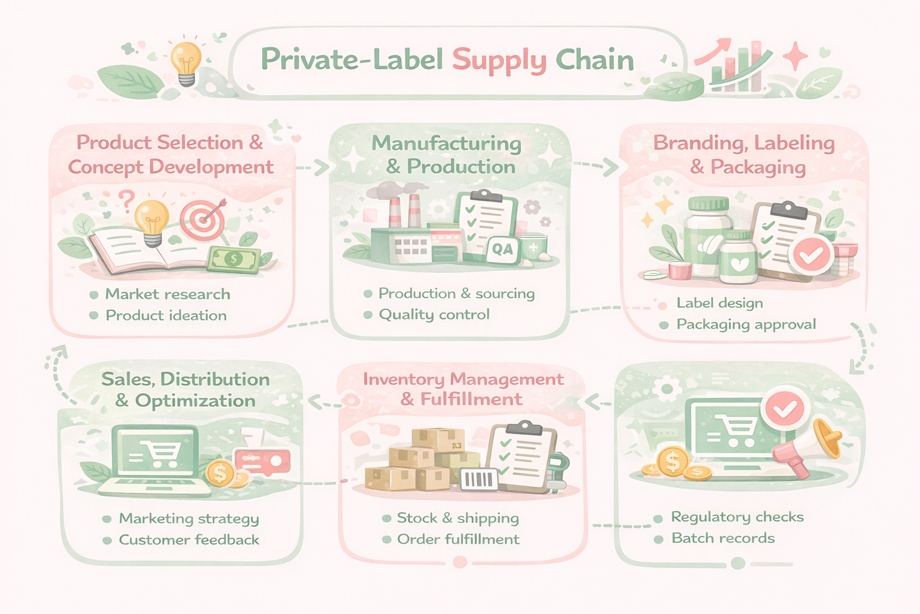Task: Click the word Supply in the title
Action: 499,61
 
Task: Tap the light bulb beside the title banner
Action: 186,62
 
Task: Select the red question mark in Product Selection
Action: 126,200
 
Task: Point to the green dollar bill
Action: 234,260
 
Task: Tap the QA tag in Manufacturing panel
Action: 502,249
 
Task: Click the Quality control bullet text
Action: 434,315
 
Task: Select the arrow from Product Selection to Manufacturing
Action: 313,167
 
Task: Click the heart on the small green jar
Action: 739,264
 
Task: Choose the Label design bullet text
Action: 719,303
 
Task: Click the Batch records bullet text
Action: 723,538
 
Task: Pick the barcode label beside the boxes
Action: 479,480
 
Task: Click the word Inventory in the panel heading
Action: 402,380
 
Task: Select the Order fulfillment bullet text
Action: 458,540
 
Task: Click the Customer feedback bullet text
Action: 189,540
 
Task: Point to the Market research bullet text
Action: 168,294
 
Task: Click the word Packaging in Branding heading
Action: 758,167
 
